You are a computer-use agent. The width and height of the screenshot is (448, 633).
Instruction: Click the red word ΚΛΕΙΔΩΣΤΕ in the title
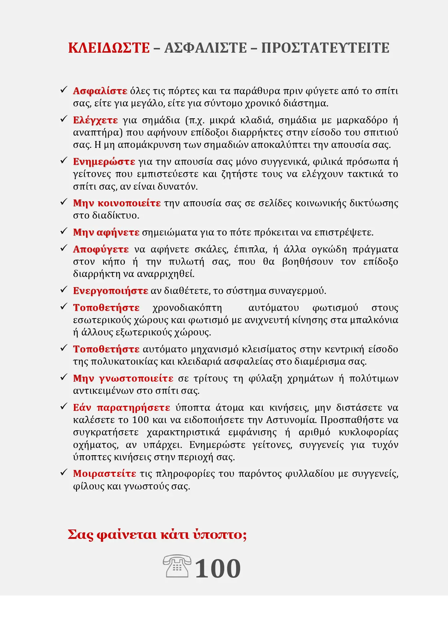[x=109, y=48]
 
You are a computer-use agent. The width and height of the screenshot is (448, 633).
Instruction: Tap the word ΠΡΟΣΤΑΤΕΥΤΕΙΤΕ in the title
[x=325, y=48]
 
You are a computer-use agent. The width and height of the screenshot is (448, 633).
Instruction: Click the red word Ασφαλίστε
[x=100, y=91]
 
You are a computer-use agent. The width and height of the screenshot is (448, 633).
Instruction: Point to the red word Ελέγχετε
[x=95, y=120]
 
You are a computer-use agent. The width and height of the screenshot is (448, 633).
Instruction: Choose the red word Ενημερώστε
[x=104, y=162]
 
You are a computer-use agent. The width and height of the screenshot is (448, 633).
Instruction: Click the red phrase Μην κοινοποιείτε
[x=117, y=203]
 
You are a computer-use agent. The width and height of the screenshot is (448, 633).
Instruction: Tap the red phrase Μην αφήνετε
[x=106, y=232]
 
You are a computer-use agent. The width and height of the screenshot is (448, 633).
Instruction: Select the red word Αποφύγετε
[x=101, y=249]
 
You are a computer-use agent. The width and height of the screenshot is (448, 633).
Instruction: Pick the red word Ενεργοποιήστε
[x=110, y=291]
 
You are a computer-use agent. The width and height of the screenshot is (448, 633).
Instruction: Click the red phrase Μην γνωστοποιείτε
[x=123, y=378]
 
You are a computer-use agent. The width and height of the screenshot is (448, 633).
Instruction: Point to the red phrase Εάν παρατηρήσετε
[x=121, y=408]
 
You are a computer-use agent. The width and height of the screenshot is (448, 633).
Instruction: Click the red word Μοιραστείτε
[x=104, y=474]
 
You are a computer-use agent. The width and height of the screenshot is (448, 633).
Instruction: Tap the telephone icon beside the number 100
[x=177, y=566]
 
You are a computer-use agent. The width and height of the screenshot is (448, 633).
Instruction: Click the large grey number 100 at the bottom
[x=218, y=569]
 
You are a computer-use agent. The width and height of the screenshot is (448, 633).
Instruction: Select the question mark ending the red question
[x=244, y=535]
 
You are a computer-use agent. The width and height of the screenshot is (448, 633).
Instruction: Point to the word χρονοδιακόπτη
[x=187, y=308]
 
